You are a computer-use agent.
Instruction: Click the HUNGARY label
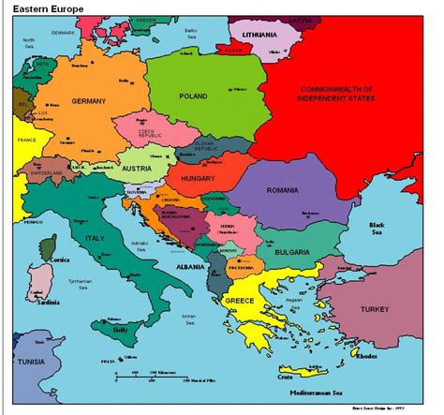click(x=199, y=178)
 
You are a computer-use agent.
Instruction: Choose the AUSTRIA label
click(x=139, y=169)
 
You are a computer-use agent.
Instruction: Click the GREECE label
click(x=239, y=300)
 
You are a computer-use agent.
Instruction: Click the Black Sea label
click(x=377, y=230)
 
